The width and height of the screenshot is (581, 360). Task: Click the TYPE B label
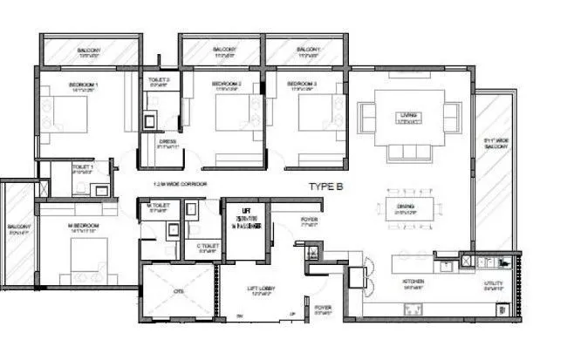pyautogui.click(x=330, y=187)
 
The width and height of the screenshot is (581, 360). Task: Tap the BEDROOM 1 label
pyautogui.click(x=84, y=85)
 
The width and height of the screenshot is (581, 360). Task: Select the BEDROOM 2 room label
pyautogui.click(x=226, y=85)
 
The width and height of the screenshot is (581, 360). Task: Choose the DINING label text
pyautogui.click(x=403, y=207)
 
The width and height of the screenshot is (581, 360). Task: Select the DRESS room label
pyautogui.click(x=168, y=142)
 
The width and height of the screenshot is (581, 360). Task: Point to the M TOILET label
pyautogui.click(x=159, y=205)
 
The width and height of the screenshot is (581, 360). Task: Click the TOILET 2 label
pyautogui.click(x=158, y=80)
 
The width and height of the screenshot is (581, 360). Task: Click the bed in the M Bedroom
pyautogui.click(x=88, y=260)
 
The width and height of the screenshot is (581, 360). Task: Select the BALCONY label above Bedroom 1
pyautogui.click(x=88, y=51)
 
